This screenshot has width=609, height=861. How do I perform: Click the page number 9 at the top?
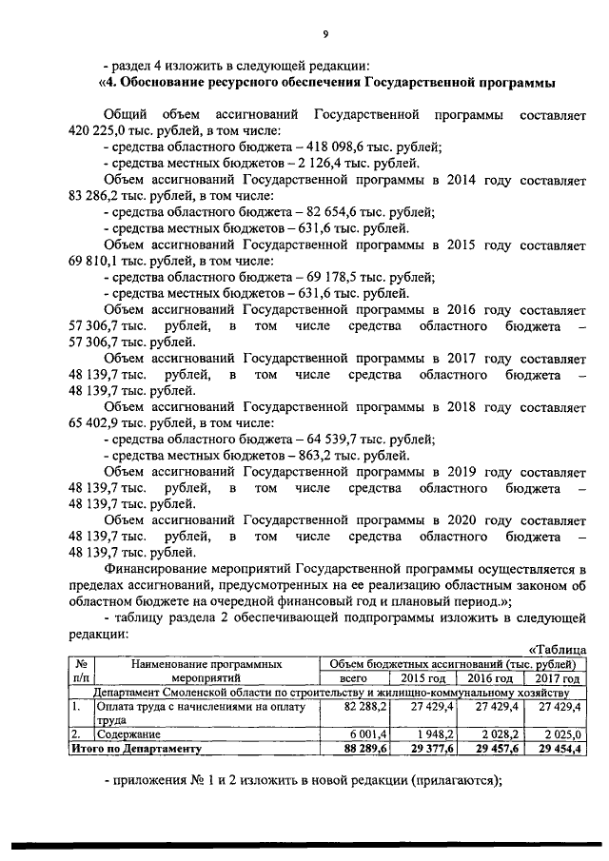click(x=324, y=34)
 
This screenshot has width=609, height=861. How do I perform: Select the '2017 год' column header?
click(x=557, y=678)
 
